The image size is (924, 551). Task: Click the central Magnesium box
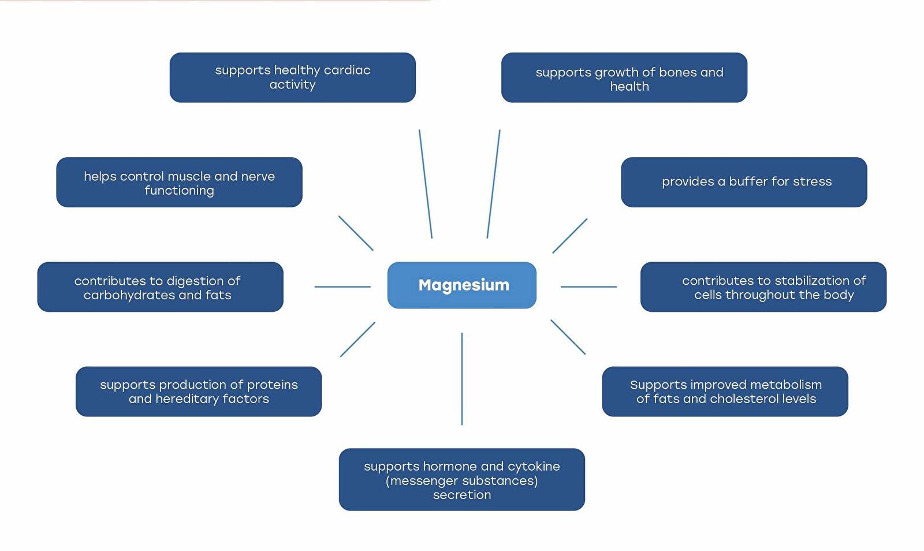[462, 285]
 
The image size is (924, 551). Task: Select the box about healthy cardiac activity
[292, 77]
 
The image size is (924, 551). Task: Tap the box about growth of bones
[624, 77]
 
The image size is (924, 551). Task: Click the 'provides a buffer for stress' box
[744, 182]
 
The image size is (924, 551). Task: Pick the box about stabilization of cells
[763, 287]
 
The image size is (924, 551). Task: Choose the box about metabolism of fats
[725, 392]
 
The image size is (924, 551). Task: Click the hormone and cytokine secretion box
[461, 479]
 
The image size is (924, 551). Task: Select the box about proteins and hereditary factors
[198, 392]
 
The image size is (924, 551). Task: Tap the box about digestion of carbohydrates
[160, 287]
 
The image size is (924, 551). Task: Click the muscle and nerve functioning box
[179, 182]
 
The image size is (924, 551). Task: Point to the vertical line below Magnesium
[462, 378]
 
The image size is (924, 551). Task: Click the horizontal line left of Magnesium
[342, 286]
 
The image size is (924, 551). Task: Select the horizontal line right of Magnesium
[588, 286]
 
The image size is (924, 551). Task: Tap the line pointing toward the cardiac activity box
[426, 184]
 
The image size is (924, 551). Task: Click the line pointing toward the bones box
[493, 184]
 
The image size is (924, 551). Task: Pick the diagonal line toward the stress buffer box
[569, 236]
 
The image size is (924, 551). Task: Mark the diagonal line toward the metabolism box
[568, 337]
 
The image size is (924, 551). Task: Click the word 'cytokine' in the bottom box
[534, 466]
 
